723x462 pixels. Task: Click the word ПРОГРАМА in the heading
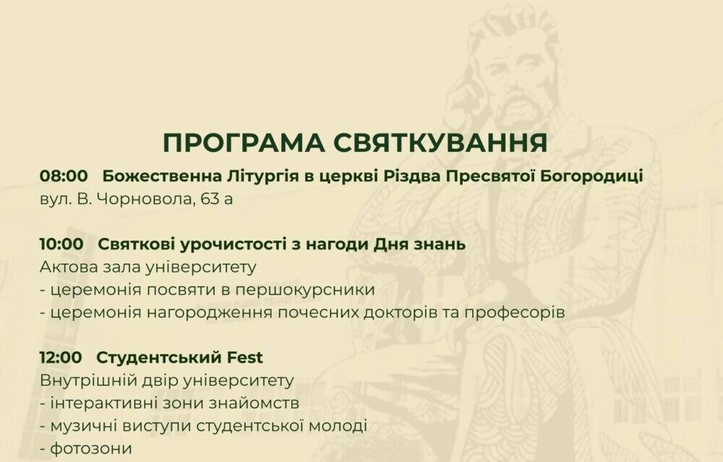[x=244, y=143]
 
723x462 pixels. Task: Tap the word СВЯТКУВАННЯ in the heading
[x=440, y=143]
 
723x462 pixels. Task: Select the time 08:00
[x=64, y=176]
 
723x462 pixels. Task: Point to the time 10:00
[x=61, y=244]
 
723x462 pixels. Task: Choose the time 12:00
[x=61, y=357]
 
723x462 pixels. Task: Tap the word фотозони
[x=91, y=448]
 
